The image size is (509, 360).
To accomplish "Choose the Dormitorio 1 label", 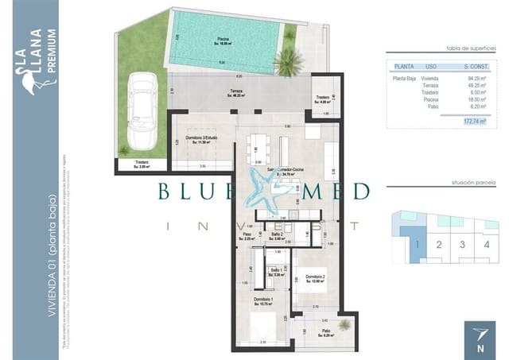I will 263,301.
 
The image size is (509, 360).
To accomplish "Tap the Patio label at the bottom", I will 326,335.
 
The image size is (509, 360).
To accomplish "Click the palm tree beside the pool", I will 286,59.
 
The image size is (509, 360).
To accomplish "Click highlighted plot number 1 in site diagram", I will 416,244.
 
